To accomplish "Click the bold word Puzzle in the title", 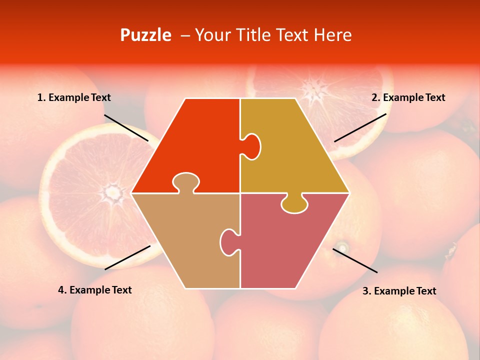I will (x=145, y=35).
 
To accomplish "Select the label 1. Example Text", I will (x=74, y=97).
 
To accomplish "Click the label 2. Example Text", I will (x=408, y=97).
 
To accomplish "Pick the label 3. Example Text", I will (x=399, y=291).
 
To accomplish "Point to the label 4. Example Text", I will (x=95, y=290).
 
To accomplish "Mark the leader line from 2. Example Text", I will (x=360, y=127).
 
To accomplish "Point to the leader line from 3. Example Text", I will (x=355, y=260).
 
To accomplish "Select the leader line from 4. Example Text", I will (x=127, y=257).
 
